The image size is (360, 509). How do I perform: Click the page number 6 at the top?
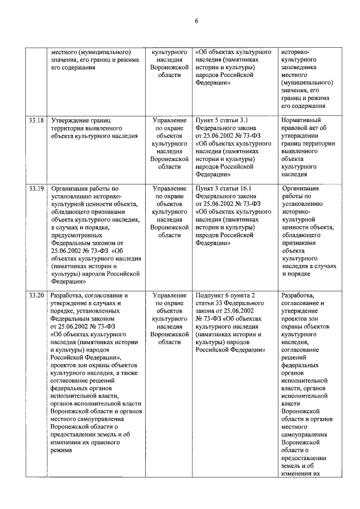[x=196, y=21]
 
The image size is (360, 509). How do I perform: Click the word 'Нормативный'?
[x=302, y=120]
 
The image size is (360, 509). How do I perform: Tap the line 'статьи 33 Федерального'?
[x=229, y=303]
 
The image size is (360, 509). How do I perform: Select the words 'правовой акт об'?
[x=303, y=128]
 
